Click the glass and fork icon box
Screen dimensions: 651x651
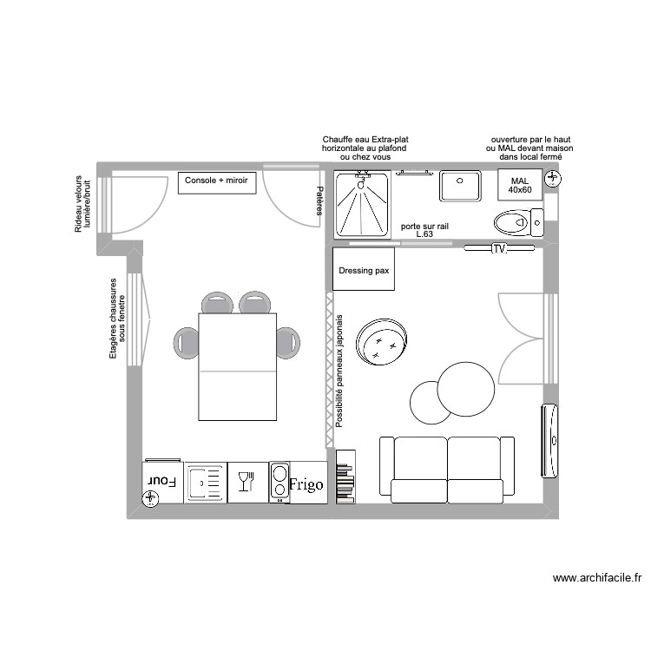[x=247, y=481]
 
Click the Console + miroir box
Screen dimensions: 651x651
[x=216, y=182]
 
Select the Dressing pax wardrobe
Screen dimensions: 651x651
[x=363, y=269]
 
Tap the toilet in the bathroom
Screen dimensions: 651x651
[x=514, y=223]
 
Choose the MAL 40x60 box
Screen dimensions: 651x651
[x=519, y=185]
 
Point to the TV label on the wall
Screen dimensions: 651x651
[x=498, y=249]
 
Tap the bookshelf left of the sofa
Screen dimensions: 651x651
[x=345, y=477]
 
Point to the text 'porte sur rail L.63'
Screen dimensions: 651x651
[x=424, y=230]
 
